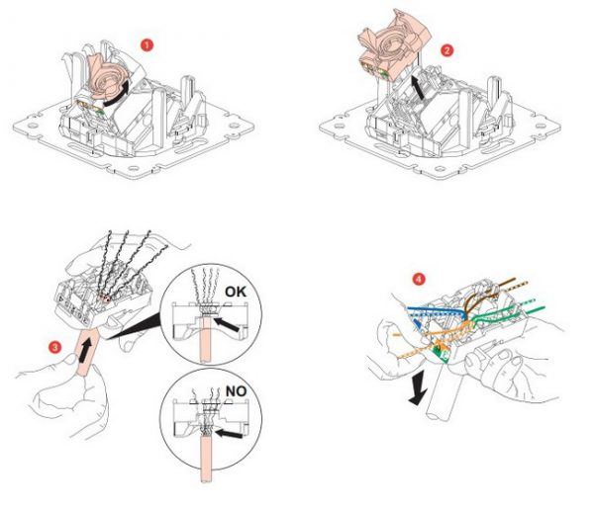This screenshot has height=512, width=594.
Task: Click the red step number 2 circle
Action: click(447, 49)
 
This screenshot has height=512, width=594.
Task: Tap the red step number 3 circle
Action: click(56, 346)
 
